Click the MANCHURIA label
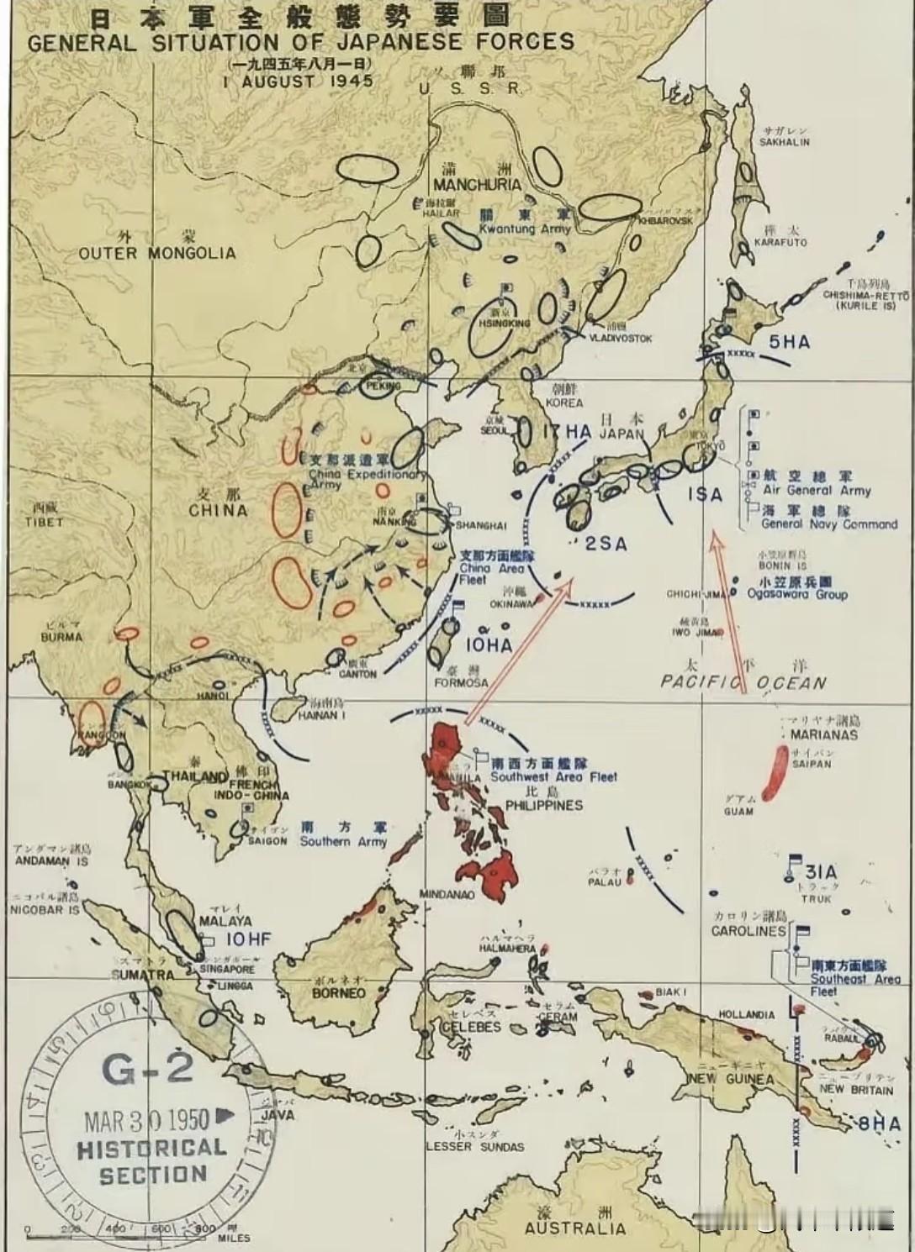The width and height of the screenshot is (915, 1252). [477, 185]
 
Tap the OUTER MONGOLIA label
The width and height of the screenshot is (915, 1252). [157, 253]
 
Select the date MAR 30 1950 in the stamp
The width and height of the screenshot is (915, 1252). [146, 1120]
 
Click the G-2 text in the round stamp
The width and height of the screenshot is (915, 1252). [149, 1069]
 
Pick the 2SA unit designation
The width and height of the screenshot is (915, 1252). [606, 544]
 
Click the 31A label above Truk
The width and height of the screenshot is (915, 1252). [820, 871]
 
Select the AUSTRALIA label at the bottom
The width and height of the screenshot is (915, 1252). [575, 1228]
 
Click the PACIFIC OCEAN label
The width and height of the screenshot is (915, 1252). [743, 682]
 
